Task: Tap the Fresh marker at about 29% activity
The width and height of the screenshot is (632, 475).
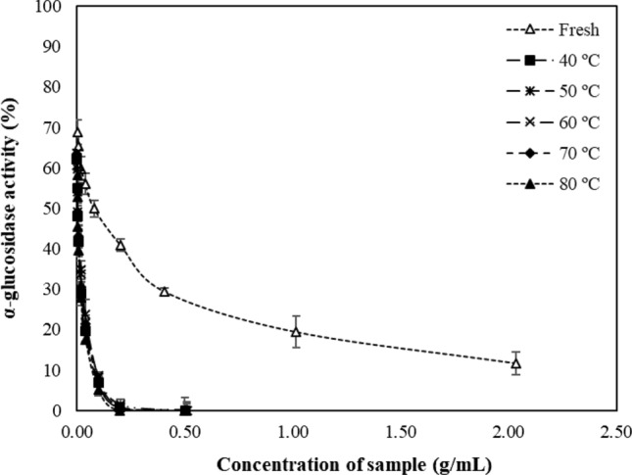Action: coord(165,291)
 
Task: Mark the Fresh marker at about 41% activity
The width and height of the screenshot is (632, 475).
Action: coord(121,245)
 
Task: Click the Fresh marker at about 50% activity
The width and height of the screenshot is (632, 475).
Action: coord(94,208)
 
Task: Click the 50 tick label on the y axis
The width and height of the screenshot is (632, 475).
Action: coord(56,209)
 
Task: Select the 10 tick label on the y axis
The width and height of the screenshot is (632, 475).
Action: coord(56,370)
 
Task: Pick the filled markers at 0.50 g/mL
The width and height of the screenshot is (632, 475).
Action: coord(185,408)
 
